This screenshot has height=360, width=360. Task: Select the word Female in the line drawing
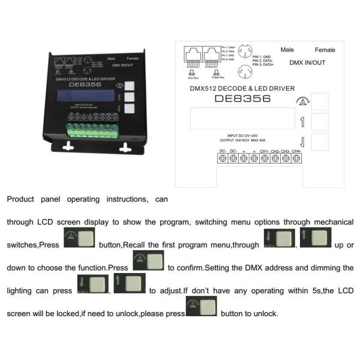click(325, 50)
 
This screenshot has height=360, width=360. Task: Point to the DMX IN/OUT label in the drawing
click(308, 62)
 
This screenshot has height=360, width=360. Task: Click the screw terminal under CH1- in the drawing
click(265, 158)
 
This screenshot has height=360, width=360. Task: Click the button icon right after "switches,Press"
click(78, 239)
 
